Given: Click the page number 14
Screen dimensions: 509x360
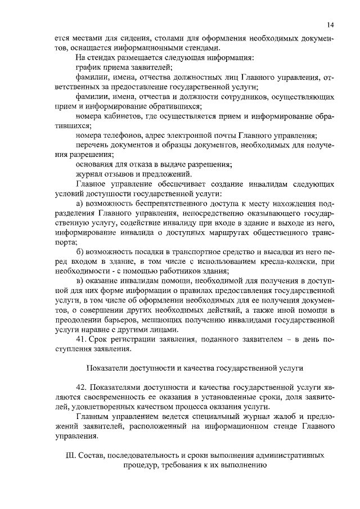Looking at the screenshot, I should point(330,24).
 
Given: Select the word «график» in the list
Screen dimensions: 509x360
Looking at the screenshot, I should point(88,67).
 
